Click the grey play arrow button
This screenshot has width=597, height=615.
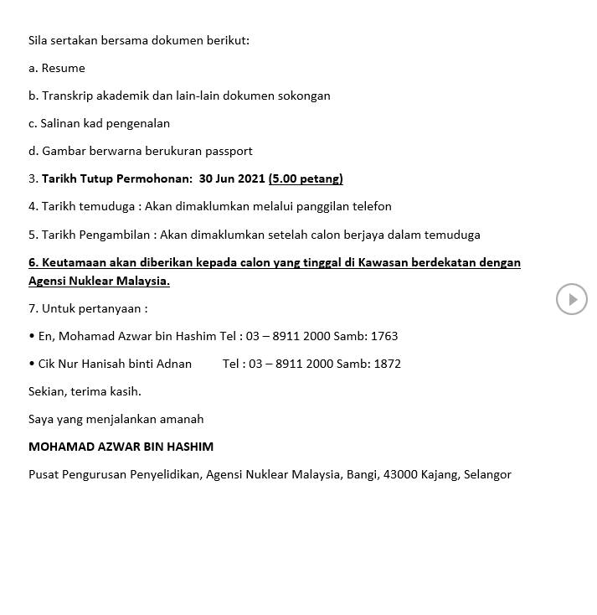572,299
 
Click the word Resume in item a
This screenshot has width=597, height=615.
64,68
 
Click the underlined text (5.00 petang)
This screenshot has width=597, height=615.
306,178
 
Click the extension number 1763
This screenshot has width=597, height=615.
383,336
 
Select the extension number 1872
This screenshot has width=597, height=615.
387,364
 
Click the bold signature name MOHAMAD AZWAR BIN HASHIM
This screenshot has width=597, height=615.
121,447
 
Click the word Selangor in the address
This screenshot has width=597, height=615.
486,474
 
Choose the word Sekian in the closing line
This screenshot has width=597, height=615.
46,391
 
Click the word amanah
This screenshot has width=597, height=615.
182,419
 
